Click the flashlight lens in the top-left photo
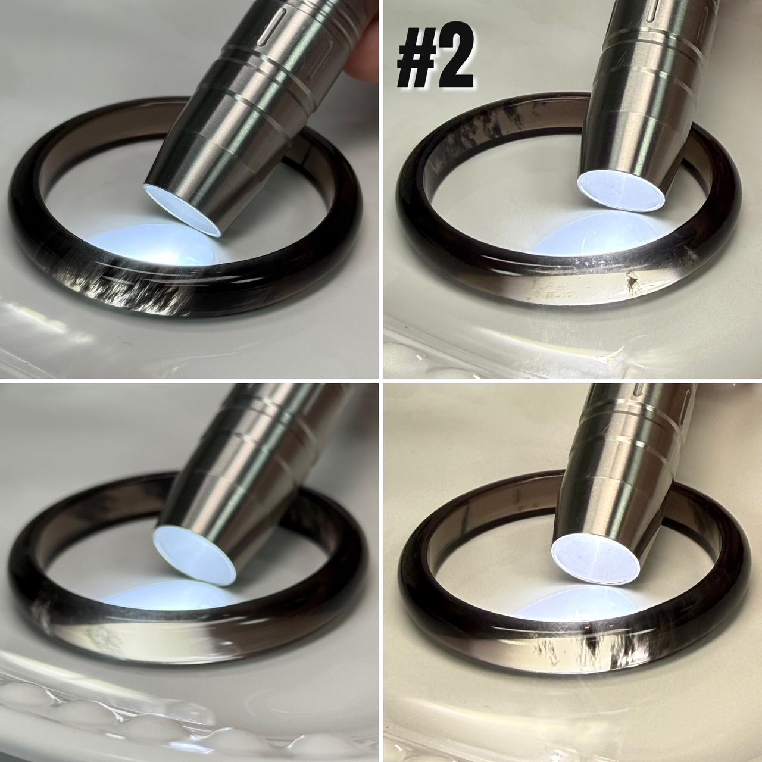click(182, 211)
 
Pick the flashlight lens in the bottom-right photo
click(595, 558)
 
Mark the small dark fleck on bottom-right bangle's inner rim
click(517, 499)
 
